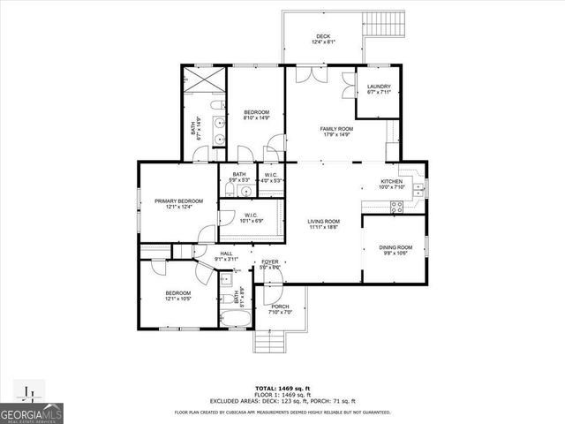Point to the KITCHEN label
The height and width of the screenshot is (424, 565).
coord(390,181)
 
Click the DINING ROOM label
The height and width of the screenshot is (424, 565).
coord(395,247)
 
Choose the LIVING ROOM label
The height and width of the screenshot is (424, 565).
coord(324,221)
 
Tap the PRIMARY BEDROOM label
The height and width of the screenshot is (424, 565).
coord(179,201)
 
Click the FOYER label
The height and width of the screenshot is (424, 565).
coord(268,262)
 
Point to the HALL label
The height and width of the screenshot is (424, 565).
coord(226,254)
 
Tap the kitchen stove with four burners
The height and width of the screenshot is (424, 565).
coord(396,208)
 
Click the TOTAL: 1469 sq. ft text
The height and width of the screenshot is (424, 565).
coord(282,388)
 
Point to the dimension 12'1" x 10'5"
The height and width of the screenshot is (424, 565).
coord(179,299)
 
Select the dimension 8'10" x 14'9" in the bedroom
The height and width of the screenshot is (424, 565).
coord(256,117)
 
